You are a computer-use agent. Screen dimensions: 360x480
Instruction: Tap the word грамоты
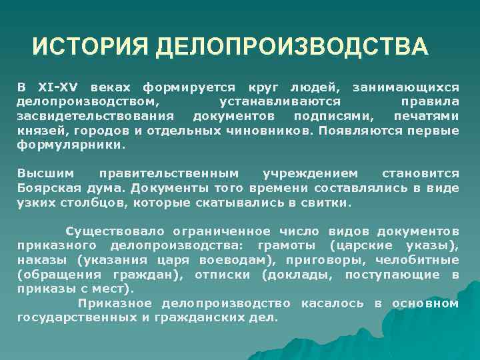[x=279, y=246]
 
